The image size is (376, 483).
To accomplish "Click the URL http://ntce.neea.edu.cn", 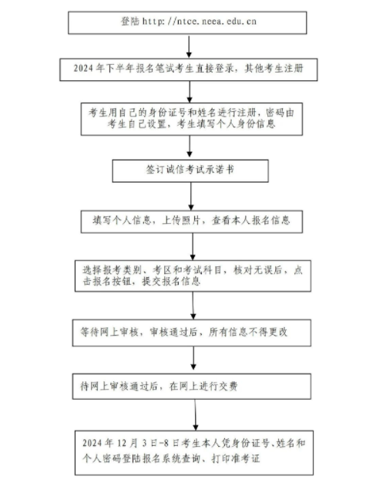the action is click(x=199, y=22).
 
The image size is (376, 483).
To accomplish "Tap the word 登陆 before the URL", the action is click(x=129, y=22).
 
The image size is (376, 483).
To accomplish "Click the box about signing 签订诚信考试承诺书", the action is click(x=190, y=171).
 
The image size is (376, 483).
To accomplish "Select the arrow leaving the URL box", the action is click(x=189, y=46).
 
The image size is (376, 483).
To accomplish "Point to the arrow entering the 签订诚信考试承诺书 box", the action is click(x=190, y=146).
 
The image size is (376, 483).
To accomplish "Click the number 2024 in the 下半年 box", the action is click(x=83, y=68).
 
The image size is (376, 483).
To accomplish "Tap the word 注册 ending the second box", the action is click(x=294, y=68).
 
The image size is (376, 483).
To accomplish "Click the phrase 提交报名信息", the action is click(x=171, y=282).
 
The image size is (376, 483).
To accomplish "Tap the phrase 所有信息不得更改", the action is click(x=248, y=332).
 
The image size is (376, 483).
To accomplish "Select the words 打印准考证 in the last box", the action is click(x=236, y=458).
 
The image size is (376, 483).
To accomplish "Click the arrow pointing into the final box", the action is click(x=196, y=415).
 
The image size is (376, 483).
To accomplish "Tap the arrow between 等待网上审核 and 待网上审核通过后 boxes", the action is click(x=193, y=358).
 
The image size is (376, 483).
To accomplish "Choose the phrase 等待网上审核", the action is click(x=109, y=332).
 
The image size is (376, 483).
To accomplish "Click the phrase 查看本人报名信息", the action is click(x=250, y=220).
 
